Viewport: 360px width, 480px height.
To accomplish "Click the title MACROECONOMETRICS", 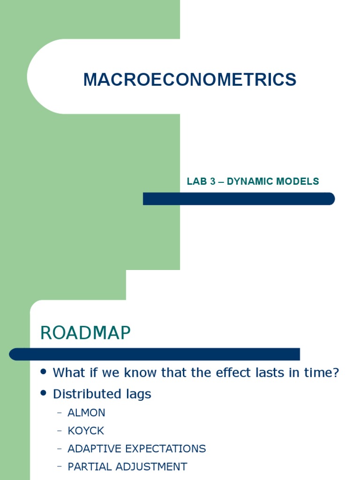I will [x=190, y=80].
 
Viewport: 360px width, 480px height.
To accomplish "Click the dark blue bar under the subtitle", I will [x=239, y=199].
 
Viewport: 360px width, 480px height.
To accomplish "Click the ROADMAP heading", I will [x=85, y=333].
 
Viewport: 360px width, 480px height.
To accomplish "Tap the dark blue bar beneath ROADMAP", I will [x=155, y=354].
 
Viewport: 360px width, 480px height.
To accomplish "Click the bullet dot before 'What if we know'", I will [x=44, y=372].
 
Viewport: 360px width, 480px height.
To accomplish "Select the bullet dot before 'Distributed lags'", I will [x=44, y=393].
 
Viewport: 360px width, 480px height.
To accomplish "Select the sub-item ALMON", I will [x=86, y=413].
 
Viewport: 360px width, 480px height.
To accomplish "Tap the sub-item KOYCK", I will [x=86, y=431].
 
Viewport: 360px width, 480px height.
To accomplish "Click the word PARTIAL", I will [x=87, y=466].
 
